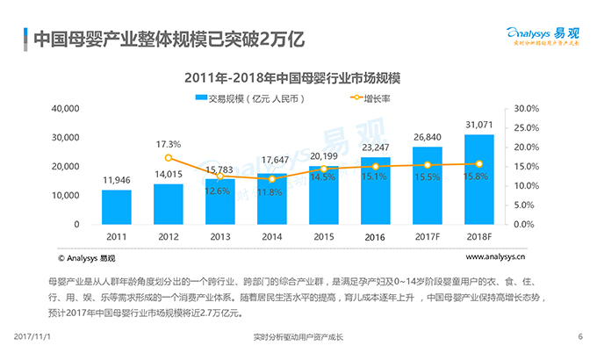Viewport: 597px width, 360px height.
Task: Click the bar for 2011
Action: tap(116, 207)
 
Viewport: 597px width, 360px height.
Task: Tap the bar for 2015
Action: tap(323, 195)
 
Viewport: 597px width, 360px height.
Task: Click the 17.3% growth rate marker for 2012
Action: tap(168, 158)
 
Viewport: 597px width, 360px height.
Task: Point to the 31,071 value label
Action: tap(478, 125)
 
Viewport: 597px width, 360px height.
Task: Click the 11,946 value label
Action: tap(116, 180)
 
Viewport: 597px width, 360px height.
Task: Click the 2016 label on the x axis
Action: tap(375, 238)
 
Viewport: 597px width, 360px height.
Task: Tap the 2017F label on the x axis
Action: tap(427, 238)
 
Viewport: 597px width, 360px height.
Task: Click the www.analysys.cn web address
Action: tap(495, 257)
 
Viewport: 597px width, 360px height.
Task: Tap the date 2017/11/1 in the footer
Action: tap(34, 337)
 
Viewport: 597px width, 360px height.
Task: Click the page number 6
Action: tap(580, 337)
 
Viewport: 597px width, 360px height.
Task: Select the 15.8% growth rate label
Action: tap(478, 176)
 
